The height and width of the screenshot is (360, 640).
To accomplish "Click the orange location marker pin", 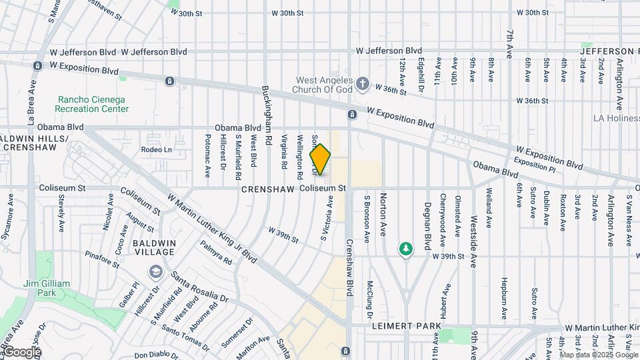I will (x=321, y=159).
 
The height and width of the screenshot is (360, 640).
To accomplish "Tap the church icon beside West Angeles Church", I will (x=363, y=84).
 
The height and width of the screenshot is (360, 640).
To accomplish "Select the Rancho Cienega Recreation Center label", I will (x=91, y=104).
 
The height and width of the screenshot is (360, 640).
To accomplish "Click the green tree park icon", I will (x=405, y=249).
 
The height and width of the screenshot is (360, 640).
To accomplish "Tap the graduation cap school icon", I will (x=156, y=271).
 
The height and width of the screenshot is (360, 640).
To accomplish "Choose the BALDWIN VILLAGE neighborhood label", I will (x=154, y=248).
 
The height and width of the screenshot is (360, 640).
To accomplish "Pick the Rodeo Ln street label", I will (x=156, y=150).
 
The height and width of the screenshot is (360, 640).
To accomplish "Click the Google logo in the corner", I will (x=22, y=352).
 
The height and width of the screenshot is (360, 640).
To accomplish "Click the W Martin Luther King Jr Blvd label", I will (x=212, y=227).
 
